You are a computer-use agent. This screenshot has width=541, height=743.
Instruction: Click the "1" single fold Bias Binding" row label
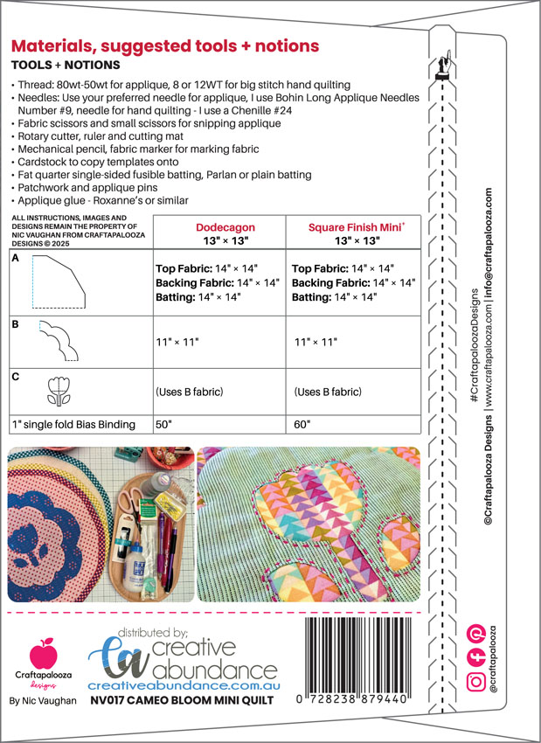74,424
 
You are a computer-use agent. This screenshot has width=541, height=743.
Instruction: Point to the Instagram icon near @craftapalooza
475,681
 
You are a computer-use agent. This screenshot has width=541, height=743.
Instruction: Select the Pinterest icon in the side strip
476,632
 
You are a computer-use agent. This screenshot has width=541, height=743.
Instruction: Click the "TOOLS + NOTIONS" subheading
66,66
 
